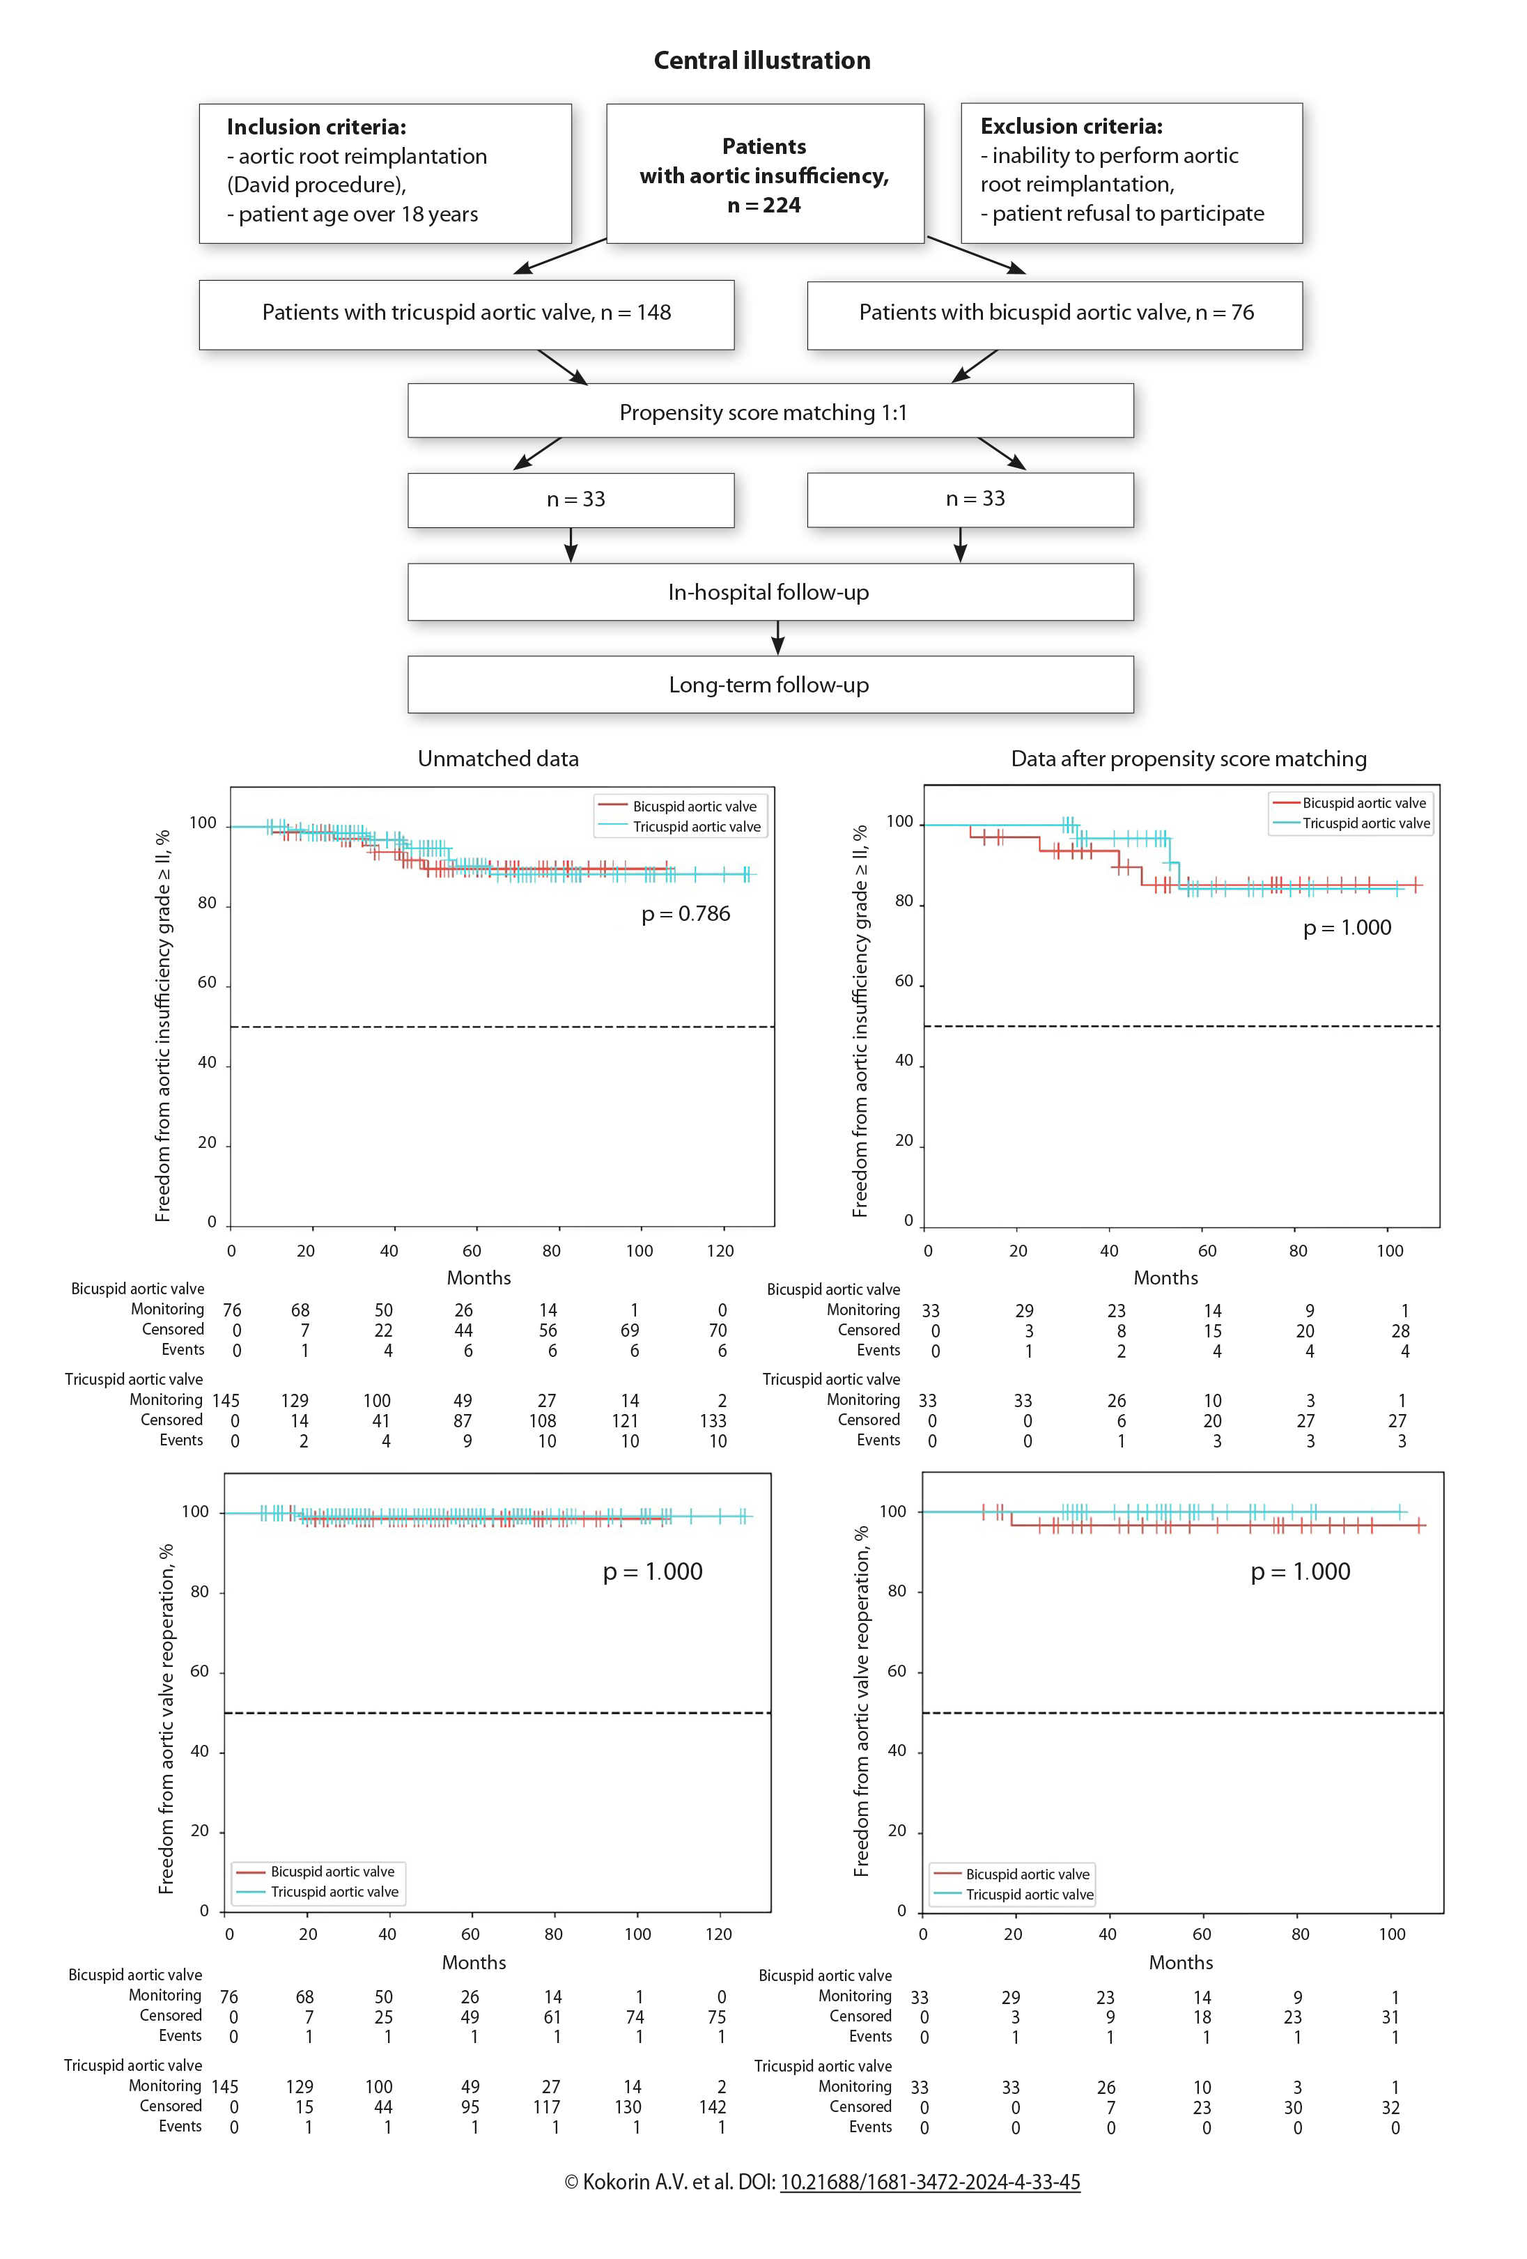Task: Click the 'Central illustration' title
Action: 761,61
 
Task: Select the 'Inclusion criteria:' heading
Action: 316,127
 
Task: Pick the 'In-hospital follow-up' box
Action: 770,592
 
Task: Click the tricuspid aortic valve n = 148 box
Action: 467,313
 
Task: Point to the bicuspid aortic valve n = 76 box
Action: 1055,313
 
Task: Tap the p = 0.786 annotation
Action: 685,914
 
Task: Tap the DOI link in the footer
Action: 929,2182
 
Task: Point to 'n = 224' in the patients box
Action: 764,205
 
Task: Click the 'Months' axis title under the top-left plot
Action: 478,1278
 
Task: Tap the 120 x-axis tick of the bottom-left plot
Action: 718,1934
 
